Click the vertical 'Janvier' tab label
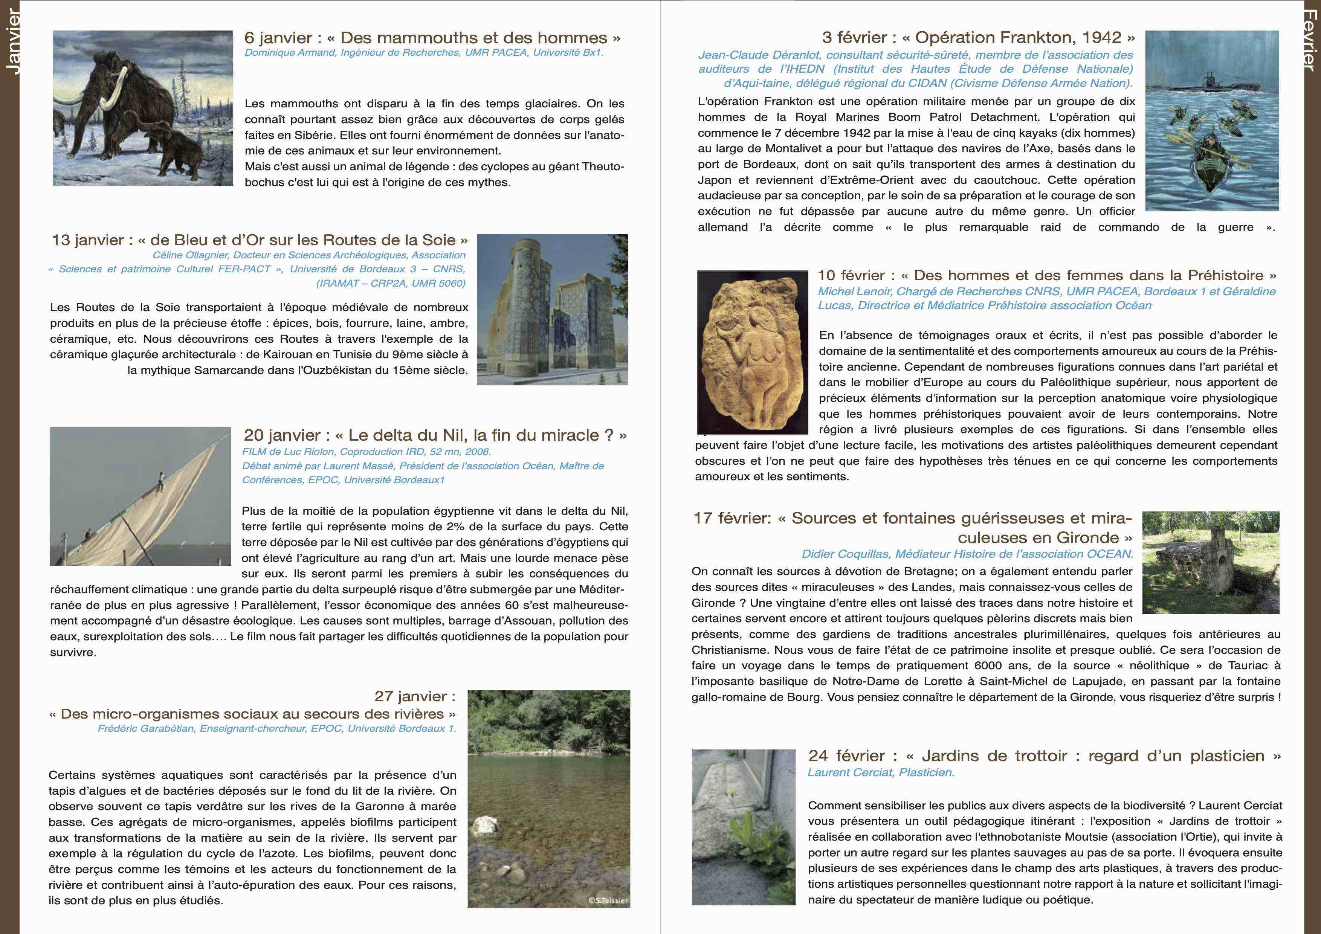(x=12, y=42)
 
